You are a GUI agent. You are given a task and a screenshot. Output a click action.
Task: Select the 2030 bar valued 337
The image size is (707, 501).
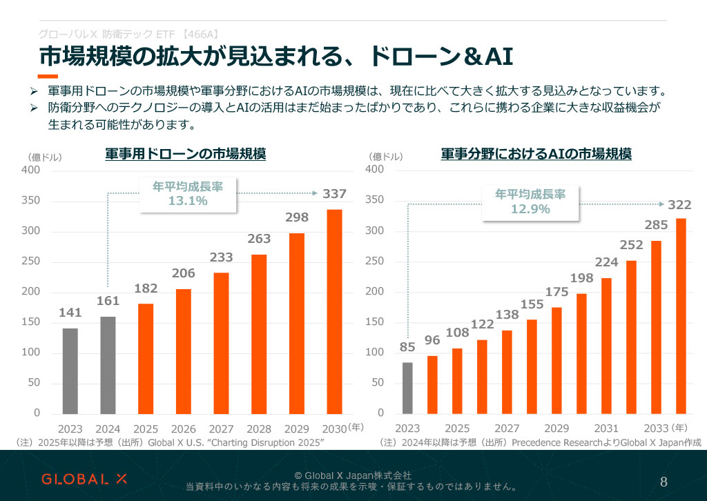click(334, 311)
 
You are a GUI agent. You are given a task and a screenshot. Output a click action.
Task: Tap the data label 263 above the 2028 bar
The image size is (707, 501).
click(259, 239)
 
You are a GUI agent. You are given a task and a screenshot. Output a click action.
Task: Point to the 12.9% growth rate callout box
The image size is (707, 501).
click(530, 202)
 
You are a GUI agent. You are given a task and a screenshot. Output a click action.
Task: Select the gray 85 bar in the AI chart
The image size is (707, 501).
click(407, 387)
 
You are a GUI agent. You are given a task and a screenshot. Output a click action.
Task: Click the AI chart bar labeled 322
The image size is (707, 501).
click(681, 315)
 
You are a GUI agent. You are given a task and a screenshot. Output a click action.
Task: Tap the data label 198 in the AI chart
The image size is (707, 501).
click(582, 278)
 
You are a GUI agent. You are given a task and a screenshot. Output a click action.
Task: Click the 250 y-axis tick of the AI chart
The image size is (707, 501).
click(374, 262)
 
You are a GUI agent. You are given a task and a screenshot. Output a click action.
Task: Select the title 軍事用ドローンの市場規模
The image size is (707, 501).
click(185, 154)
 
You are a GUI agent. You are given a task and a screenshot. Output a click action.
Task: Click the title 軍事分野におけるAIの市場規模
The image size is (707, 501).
click(536, 154)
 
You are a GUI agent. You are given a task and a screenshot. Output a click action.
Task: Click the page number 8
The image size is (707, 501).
click(664, 481)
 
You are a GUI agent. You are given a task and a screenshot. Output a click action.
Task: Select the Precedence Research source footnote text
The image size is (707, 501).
click(540, 442)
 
